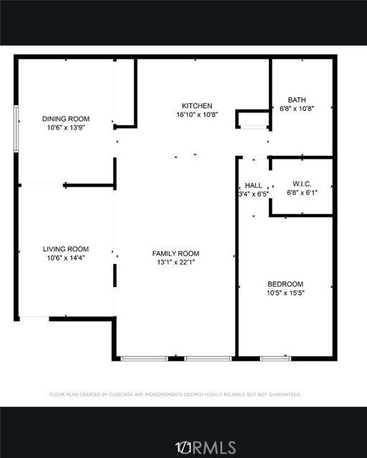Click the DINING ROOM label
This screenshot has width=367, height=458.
[x=66, y=119]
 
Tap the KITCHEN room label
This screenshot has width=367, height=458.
[x=197, y=106]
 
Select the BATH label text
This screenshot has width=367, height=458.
[x=297, y=100]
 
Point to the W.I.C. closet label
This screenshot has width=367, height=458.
[x=302, y=184]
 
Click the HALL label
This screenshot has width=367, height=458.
[x=254, y=185]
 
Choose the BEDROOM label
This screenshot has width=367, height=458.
[x=285, y=284]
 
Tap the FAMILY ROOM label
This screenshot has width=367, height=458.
[x=176, y=253]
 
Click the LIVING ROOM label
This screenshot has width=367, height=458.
[x=66, y=249]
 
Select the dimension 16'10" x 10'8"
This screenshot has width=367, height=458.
[x=197, y=114]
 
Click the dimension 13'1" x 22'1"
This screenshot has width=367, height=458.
[x=176, y=263]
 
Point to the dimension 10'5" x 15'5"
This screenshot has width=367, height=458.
[x=285, y=293]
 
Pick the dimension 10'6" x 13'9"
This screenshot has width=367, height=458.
[x=66, y=127]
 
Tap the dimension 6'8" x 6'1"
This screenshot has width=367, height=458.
[x=302, y=193]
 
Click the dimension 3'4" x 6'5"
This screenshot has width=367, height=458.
[x=254, y=194]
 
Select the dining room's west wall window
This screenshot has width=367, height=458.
[x=16, y=129]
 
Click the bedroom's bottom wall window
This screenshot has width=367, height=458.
[x=275, y=359]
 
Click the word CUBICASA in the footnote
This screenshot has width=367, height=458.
[x=121, y=394]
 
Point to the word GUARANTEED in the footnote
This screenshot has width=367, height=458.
[x=285, y=394]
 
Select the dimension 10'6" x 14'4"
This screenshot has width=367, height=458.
[x=66, y=258]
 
